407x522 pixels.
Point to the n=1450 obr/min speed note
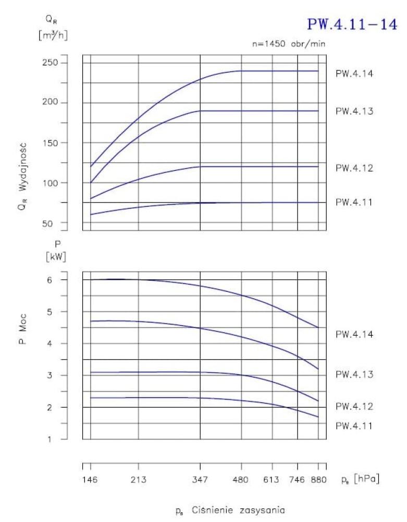point(289,44)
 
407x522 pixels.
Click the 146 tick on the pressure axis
point(91,480)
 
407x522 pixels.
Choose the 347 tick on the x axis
point(201,480)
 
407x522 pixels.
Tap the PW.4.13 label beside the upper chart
point(354,111)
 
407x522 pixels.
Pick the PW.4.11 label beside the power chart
point(354,426)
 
